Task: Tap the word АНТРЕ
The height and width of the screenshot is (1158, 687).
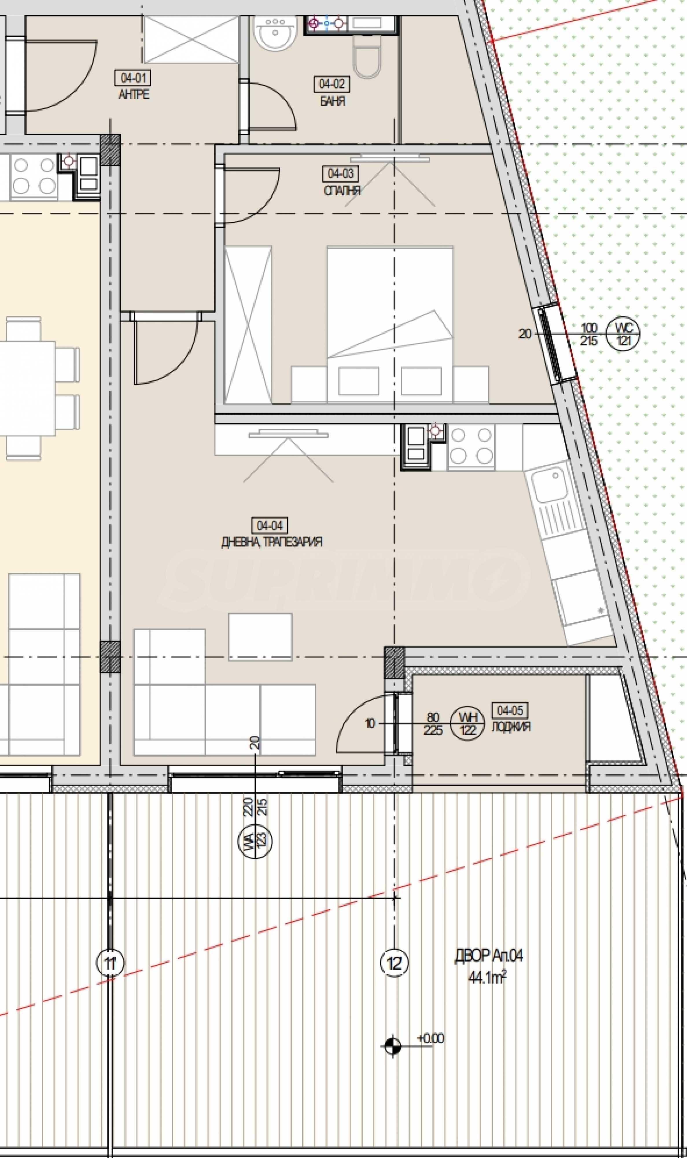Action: [x=134, y=94]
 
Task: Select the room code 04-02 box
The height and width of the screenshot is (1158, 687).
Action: [x=332, y=84]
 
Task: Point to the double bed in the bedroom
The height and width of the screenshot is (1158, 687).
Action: [x=390, y=324]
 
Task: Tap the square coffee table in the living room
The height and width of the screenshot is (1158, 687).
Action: [x=260, y=637]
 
